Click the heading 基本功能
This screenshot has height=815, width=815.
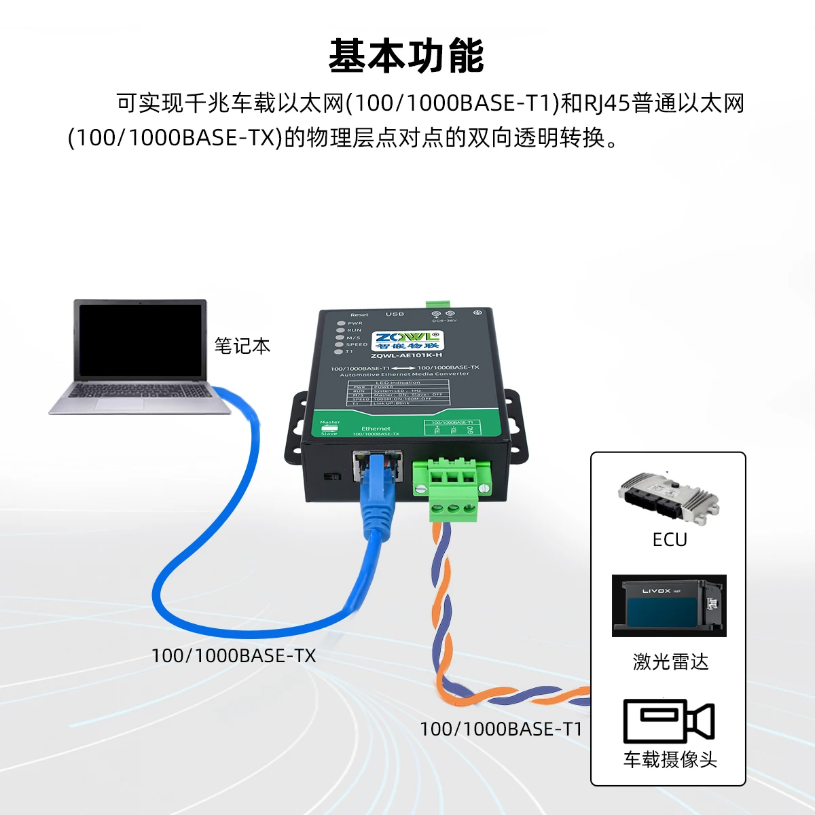pyautogui.click(x=406, y=56)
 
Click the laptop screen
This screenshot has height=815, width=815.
pyautogui.click(x=141, y=341)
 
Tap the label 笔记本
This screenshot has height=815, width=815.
pyautogui.click(x=242, y=346)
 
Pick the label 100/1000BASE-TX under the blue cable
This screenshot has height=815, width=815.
pyautogui.click(x=234, y=656)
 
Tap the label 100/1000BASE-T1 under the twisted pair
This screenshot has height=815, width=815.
pyautogui.click(x=501, y=729)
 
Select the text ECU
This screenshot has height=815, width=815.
pyautogui.click(x=670, y=540)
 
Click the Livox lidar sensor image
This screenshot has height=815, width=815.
pyautogui.click(x=669, y=606)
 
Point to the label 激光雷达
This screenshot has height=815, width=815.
pyautogui.click(x=670, y=662)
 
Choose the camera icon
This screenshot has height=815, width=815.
pyautogui.click(x=669, y=721)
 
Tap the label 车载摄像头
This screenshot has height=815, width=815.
pyautogui.click(x=670, y=759)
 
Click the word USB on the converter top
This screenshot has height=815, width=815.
pyautogui.click(x=395, y=314)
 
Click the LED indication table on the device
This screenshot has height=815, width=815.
pyautogui.click(x=397, y=393)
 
